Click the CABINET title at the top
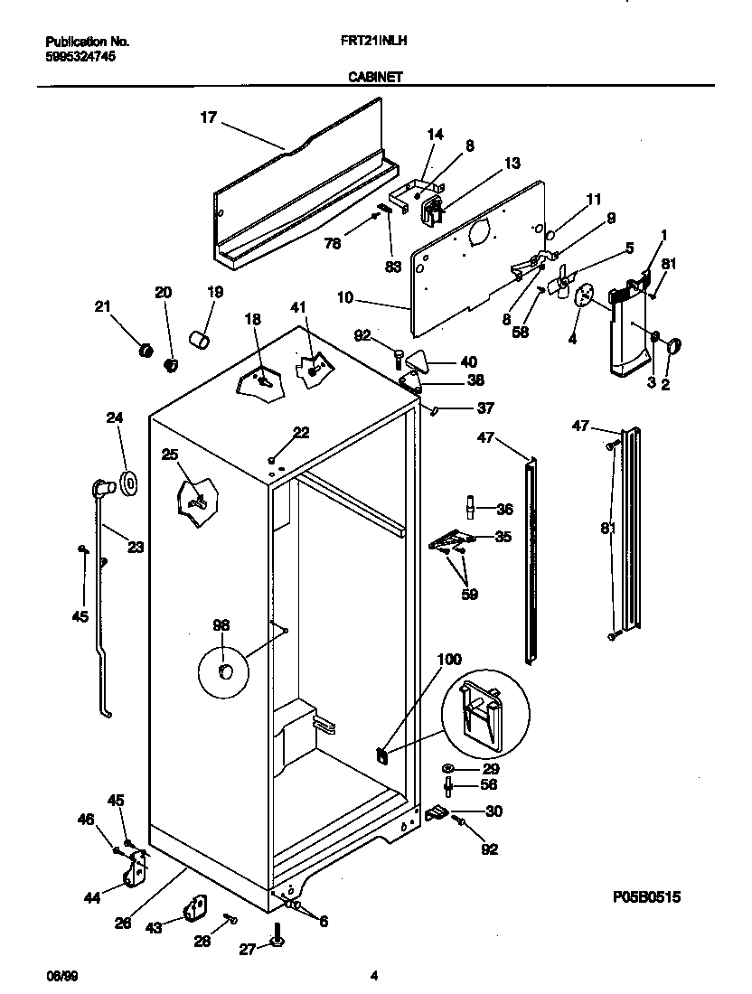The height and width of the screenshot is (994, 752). pyautogui.click(x=375, y=78)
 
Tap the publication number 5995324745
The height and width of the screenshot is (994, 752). pyautogui.click(x=80, y=55)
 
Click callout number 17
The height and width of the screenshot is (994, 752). pyautogui.click(x=209, y=117)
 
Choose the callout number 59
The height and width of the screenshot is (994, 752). pyautogui.click(x=469, y=595)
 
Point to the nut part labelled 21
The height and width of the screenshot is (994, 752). pyautogui.click(x=143, y=349)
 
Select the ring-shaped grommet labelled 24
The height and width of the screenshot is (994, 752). pyautogui.click(x=127, y=483)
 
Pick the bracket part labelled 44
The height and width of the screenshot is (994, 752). pyautogui.click(x=136, y=872)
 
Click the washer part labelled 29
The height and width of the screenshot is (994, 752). pyautogui.click(x=448, y=768)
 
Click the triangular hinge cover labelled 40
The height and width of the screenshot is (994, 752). pyautogui.click(x=420, y=360)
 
